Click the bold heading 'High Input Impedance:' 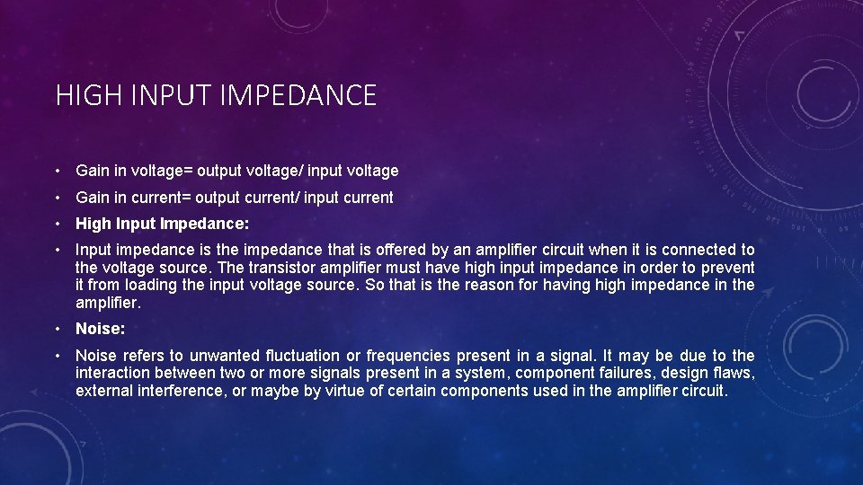click(163, 224)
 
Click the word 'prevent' click(728, 267)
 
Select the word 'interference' click(181, 391)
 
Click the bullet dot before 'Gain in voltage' click(57, 171)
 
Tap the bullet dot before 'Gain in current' click(57, 198)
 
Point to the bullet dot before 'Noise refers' click(57, 356)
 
